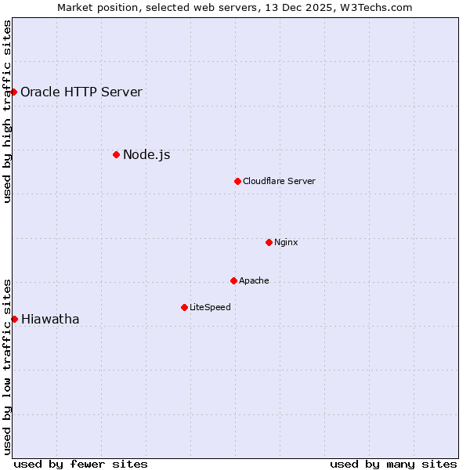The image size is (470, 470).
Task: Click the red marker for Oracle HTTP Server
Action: click(x=13, y=92)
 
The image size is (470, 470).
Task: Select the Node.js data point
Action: click(x=116, y=154)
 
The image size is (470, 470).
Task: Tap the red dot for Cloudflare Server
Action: click(x=237, y=181)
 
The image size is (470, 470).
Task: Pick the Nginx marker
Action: click(x=269, y=242)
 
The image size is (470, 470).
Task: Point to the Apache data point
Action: click(x=233, y=280)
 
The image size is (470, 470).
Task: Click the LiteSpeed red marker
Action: click(x=184, y=307)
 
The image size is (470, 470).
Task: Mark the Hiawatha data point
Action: click(x=14, y=319)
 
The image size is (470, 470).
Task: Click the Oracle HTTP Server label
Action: click(x=81, y=92)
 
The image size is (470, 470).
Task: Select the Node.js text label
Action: click(x=146, y=154)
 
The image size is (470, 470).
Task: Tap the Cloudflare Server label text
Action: click(x=279, y=181)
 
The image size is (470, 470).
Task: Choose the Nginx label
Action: click(x=286, y=242)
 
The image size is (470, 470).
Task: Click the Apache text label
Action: click(x=254, y=280)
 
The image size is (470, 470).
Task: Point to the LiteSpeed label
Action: click(x=210, y=307)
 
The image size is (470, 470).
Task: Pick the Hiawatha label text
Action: click(x=50, y=319)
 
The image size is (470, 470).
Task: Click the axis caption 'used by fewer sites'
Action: click(x=81, y=464)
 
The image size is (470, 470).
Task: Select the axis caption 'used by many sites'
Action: click(x=393, y=464)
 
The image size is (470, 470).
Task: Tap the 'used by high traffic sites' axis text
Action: click(x=8, y=111)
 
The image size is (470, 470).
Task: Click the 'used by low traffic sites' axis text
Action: click(x=8, y=366)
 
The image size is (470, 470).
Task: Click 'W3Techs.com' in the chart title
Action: click(x=381, y=8)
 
